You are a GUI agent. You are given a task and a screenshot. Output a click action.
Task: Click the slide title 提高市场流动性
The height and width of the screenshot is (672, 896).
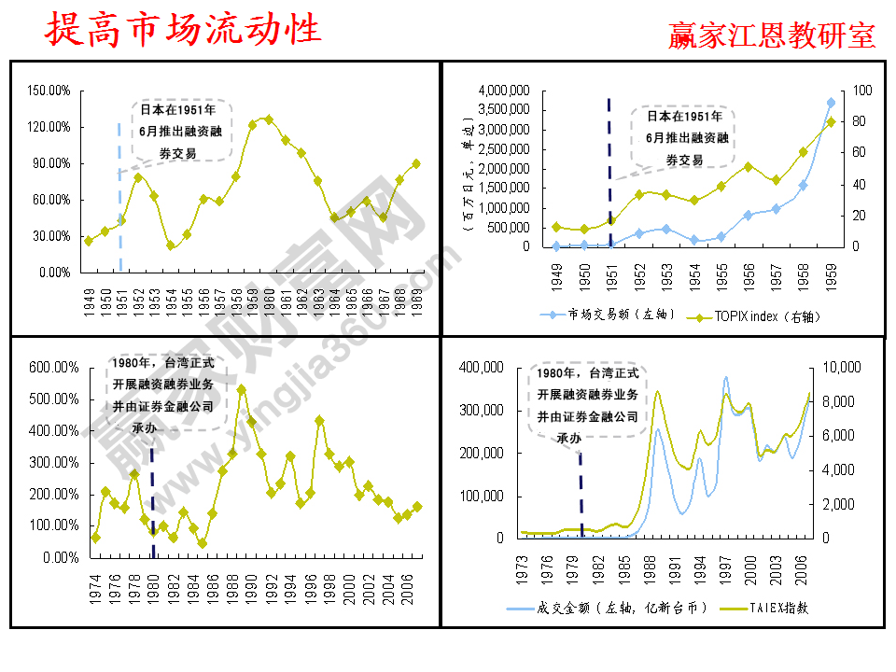tap(184, 30)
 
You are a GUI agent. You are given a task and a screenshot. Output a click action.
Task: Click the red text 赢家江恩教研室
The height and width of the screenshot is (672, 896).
tap(772, 35)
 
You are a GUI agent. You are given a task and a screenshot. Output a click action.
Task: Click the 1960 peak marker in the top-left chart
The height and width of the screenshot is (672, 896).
tap(269, 119)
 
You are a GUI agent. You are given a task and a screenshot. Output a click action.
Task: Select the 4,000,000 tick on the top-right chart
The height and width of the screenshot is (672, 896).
tap(504, 91)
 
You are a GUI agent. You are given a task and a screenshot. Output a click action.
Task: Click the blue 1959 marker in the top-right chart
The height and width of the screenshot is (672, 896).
tap(831, 103)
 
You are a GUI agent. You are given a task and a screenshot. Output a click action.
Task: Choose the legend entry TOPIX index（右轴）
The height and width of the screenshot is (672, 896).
tap(756, 316)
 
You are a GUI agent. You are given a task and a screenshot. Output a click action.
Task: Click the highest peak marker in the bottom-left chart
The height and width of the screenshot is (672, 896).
tap(242, 390)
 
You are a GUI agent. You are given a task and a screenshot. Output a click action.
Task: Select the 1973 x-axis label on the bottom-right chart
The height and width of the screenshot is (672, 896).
tap(523, 567)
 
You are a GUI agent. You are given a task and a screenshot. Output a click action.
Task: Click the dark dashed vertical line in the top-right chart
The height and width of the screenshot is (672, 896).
tap(609, 168)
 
